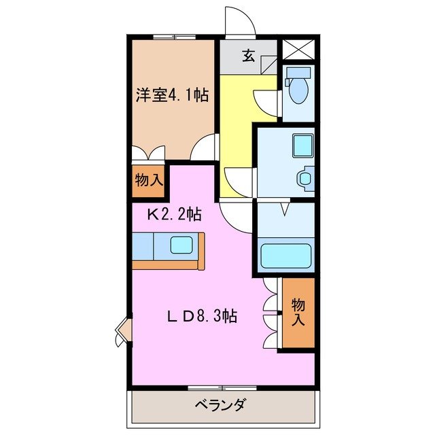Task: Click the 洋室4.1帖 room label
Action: point(171,94)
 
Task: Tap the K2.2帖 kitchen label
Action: point(175,215)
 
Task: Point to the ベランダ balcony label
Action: point(220,406)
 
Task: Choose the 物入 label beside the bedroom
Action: point(149,181)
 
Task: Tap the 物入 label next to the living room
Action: point(298,313)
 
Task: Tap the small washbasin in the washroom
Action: point(304,179)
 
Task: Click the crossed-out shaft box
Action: point(297,49)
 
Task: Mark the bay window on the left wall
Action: point(122,331)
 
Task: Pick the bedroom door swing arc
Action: point(205,147)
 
